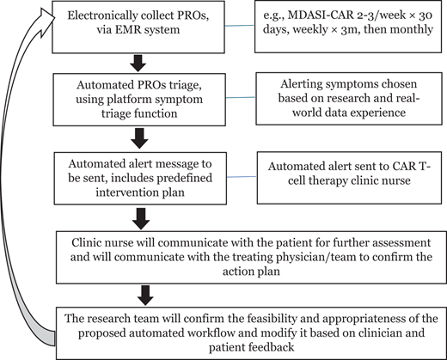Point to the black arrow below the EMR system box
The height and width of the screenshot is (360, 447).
click(138, 62)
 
